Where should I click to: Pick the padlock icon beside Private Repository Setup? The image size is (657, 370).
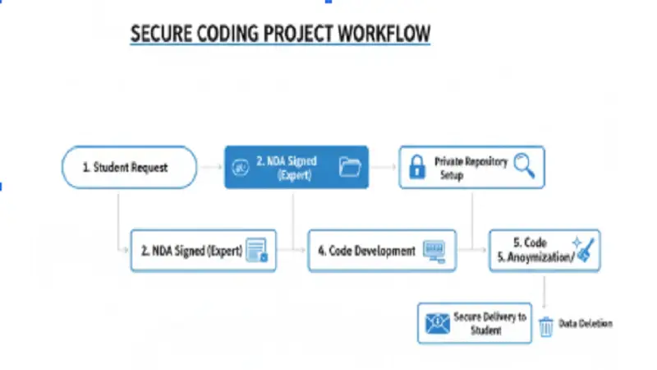point(416,168)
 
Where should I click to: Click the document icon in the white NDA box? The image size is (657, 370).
point(257,250)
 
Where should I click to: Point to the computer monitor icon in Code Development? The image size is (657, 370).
point(435,250)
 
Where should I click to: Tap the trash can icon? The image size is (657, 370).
point(546,326)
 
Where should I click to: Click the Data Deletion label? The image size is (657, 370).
point(586,324)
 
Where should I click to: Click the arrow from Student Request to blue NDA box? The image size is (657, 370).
point(210,168)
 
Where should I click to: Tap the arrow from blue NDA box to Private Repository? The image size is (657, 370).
point(383,168)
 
